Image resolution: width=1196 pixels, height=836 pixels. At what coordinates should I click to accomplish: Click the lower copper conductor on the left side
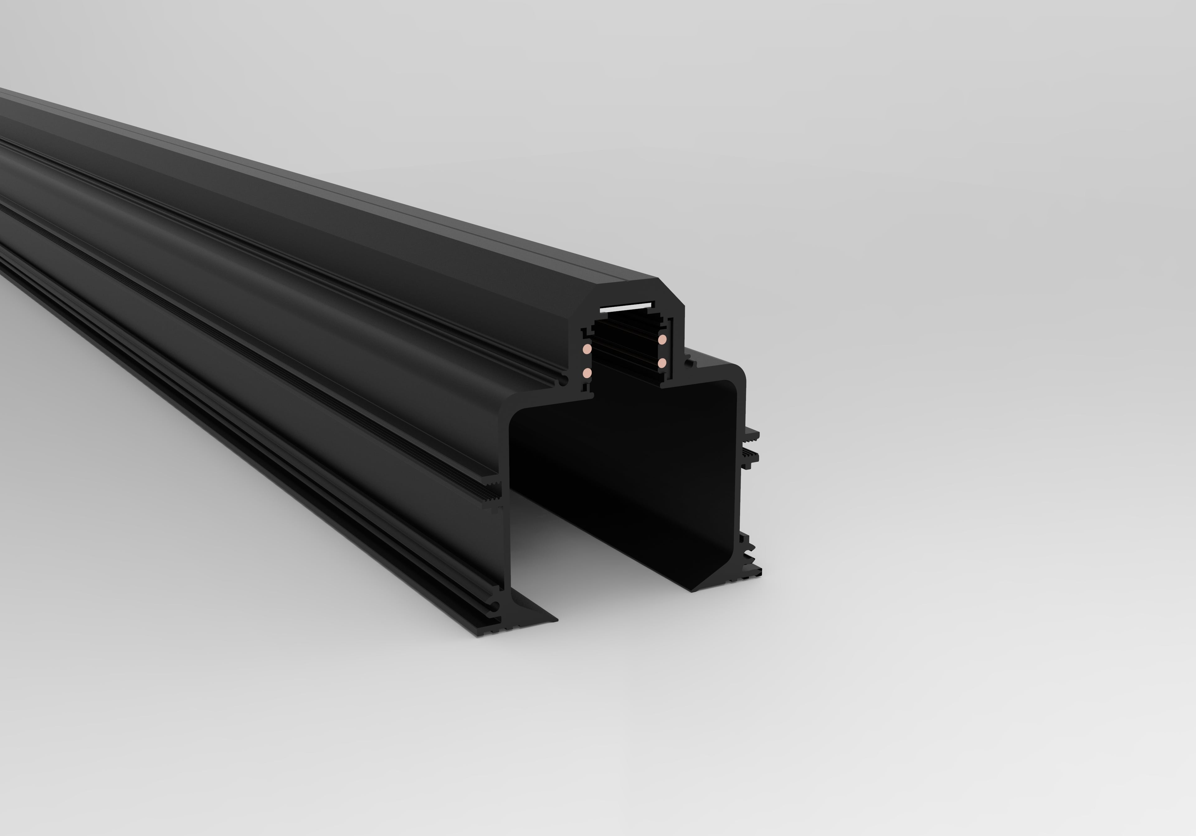coord(587,373)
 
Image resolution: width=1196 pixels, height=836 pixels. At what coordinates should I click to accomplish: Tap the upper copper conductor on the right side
coord(662,339)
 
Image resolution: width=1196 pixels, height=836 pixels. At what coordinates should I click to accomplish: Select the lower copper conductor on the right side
coord(662,363)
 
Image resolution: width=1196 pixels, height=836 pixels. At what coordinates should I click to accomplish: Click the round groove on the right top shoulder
coord(689,359)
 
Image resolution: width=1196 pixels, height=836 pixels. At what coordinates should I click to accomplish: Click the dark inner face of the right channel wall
coord(714,468)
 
